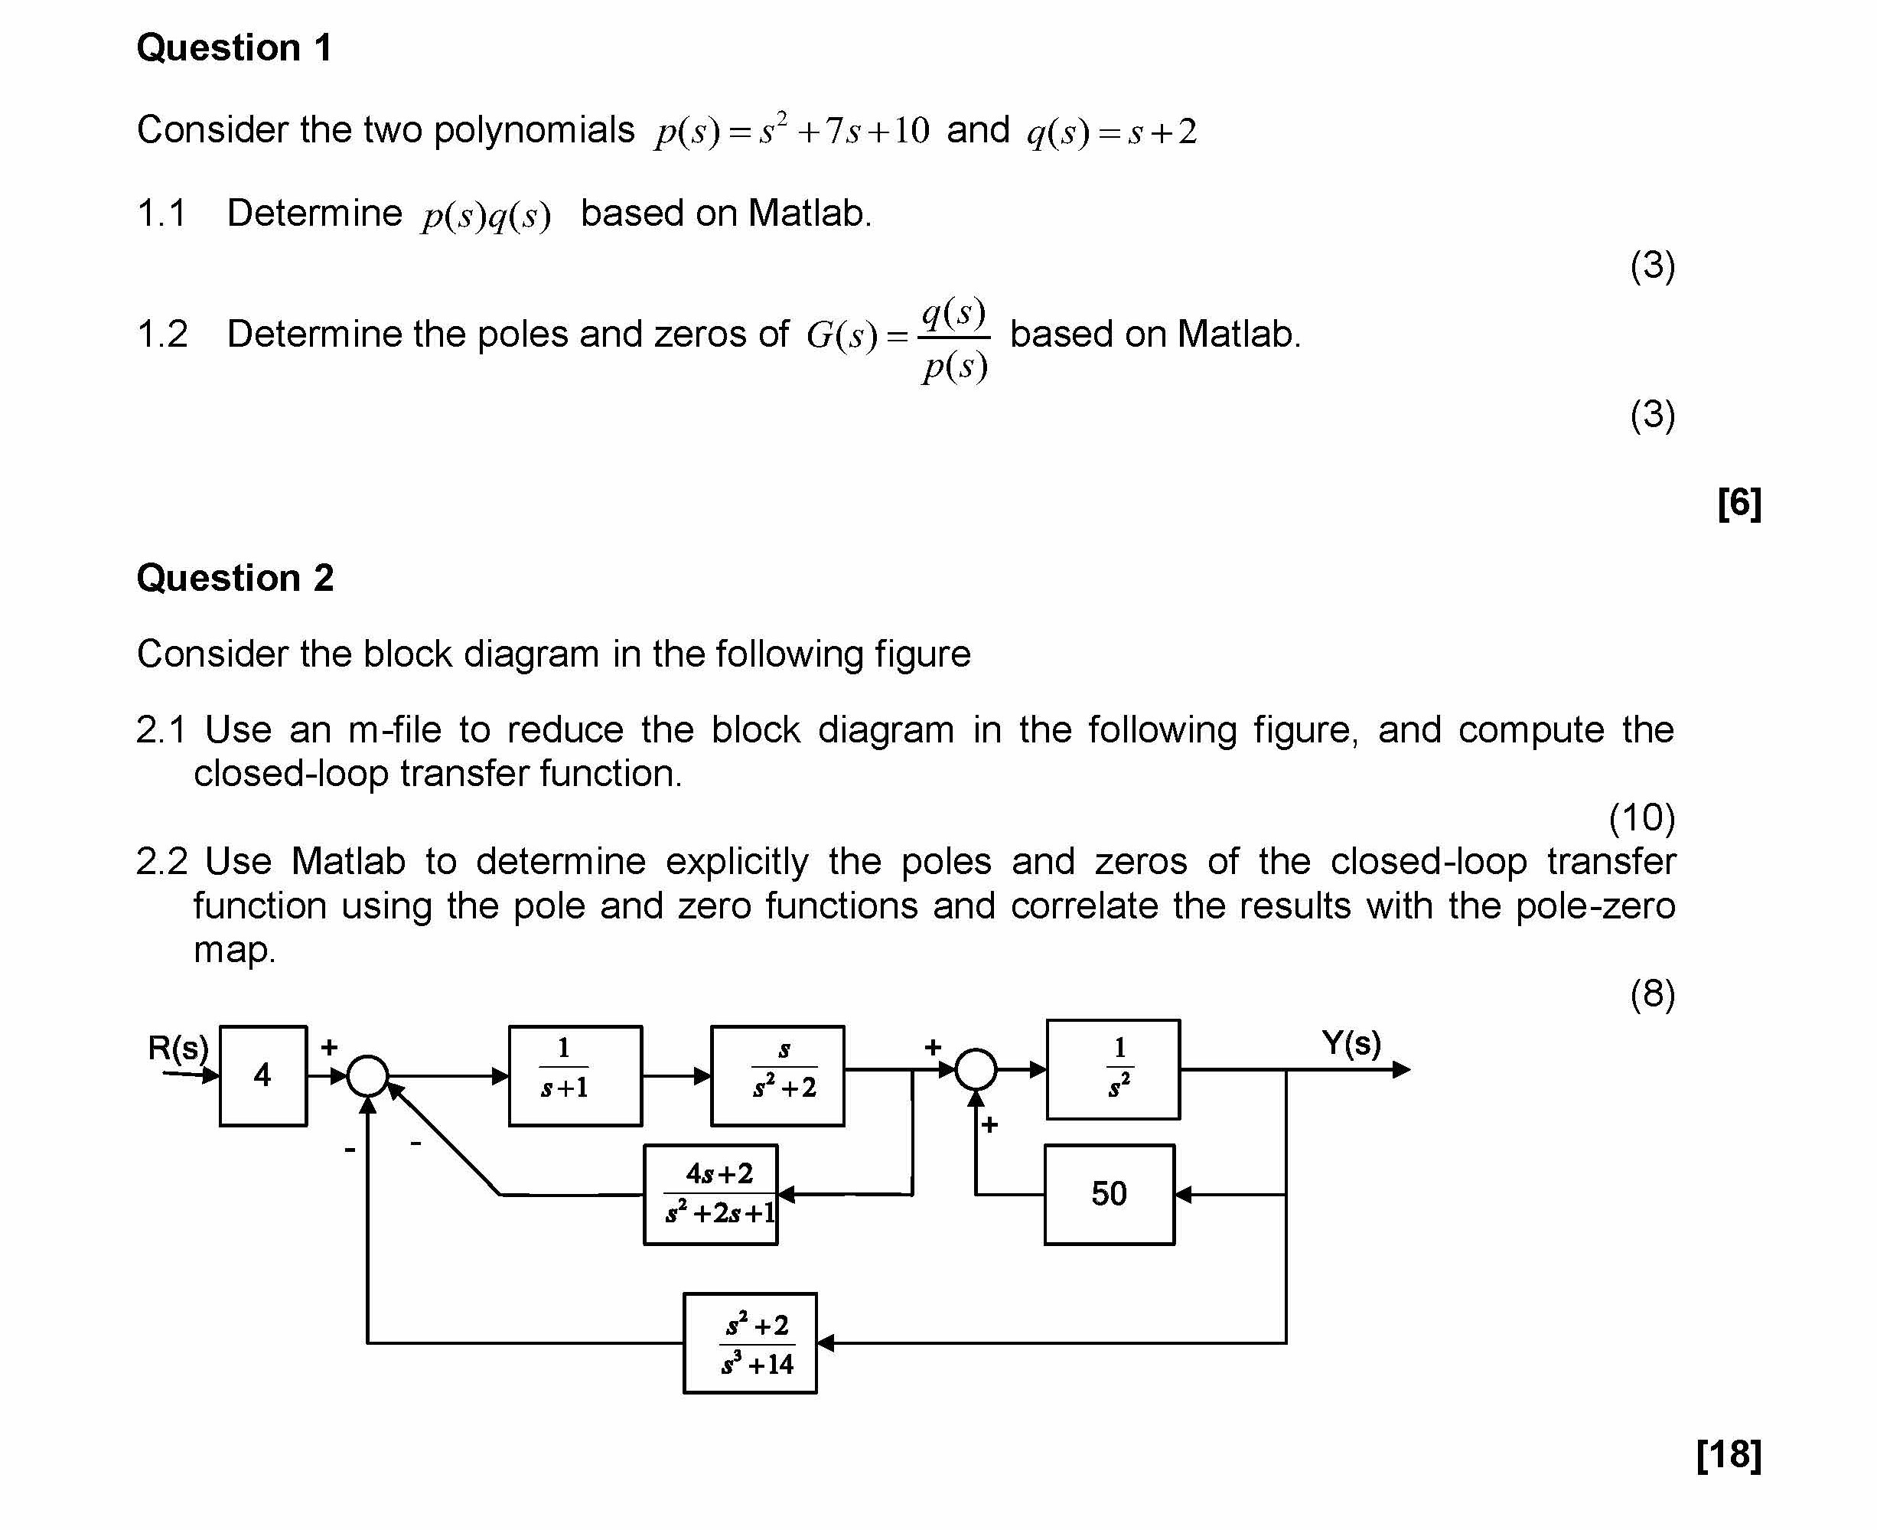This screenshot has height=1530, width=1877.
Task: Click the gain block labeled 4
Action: click(x=262, y=1075)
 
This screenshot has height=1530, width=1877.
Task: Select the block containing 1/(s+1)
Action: click(x=575, y=1075)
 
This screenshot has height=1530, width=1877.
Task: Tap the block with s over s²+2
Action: click(x=777, y=1075)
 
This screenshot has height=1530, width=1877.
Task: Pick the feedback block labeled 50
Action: click(x=1109, y=1194)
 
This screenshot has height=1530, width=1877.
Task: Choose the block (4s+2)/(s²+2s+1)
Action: click(x=710, y=1194)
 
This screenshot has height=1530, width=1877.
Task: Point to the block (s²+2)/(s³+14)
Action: click(x=750, y=1343)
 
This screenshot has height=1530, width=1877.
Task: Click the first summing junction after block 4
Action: click(x=367, y=1075)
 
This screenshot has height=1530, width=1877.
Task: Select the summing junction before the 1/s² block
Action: click(x=976, y=1069)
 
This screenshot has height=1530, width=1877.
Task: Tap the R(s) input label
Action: click(x=177, y=1047)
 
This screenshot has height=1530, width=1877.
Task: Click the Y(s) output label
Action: click(x=1350, y=1042)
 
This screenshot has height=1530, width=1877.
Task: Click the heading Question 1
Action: click(x=234, y=47)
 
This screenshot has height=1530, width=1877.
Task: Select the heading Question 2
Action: click(x=234, y=578)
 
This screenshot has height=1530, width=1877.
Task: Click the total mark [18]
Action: click(x=1728, y=1454)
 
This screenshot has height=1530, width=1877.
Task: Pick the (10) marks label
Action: click(x=1641, y=818)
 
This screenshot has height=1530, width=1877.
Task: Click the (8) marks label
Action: click(x=1651, y=994)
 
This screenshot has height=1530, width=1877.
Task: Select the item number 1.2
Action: click(x=162, y=334)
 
